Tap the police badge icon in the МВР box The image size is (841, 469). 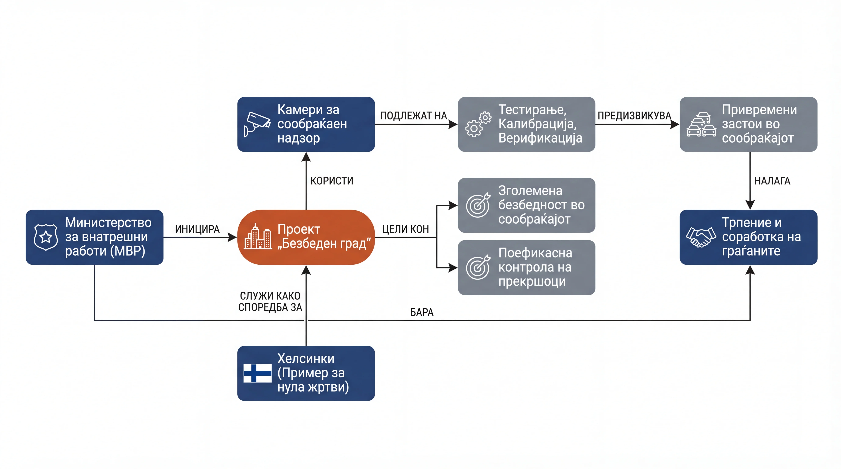[46, 237]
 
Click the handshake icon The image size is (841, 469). [701, 237]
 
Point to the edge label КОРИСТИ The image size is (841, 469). [332, 181]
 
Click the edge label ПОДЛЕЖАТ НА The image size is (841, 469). [413, 115]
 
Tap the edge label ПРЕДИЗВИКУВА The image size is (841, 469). [634, 115]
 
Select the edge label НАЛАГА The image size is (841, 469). [772, 181]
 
